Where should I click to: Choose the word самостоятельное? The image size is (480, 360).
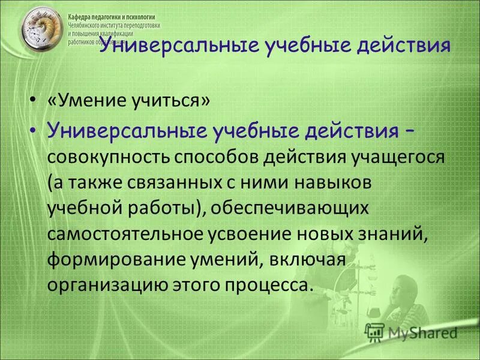pyautogui.click(x=128, y=233)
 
